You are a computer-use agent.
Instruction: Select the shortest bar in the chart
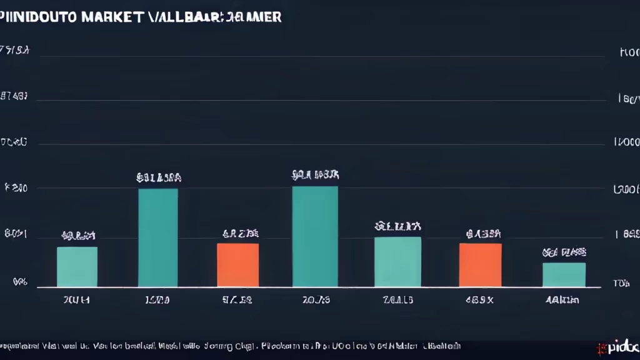564,274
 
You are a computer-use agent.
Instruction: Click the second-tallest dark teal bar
157,237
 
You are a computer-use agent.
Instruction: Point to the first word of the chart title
39,17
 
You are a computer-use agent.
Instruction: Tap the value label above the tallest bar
315,175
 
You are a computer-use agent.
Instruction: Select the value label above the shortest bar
564,253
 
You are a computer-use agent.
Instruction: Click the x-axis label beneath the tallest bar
315,300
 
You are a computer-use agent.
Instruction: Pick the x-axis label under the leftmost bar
77,300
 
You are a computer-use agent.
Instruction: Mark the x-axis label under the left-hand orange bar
237,300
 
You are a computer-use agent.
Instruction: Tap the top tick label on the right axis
629,54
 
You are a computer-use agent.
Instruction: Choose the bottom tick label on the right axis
621,283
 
